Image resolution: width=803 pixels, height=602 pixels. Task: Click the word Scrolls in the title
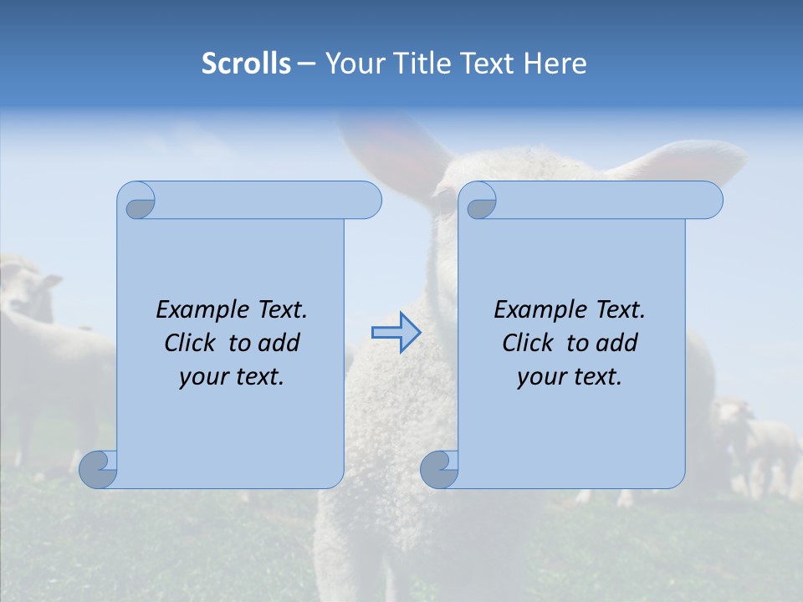click(246, 64)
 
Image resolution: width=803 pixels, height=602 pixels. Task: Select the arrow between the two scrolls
click(396, 333)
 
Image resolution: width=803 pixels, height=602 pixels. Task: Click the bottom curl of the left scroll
click(99, 469)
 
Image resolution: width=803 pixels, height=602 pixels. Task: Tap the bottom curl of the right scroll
click(440, 469)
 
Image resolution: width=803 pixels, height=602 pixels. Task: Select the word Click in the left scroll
click(189, 343)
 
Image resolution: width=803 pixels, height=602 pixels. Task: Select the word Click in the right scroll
click(527, 343)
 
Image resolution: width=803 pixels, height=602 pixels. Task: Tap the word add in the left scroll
click(280, 343)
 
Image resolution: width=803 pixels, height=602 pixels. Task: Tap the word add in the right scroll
click(618, 343)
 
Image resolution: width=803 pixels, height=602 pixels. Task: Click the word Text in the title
click(488, 64)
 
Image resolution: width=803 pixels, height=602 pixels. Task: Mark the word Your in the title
click(350, 64)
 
